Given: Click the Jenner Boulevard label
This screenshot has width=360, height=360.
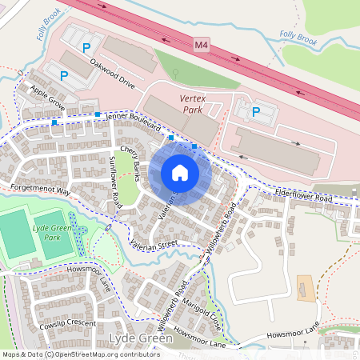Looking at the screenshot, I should pos(133,122).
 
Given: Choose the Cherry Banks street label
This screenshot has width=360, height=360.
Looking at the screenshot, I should pos(130,158).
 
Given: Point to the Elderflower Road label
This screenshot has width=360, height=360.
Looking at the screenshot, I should pos(302,197).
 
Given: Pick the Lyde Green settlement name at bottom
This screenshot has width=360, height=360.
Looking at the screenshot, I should pos(139,340).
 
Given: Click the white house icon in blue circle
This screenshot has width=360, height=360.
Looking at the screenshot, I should pos(180,172).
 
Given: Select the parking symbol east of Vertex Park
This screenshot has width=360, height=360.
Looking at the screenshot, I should pos(256,112).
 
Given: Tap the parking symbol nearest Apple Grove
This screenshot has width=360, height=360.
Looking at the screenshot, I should pos(64,76).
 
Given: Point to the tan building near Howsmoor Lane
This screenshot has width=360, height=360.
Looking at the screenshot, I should pos(306,288).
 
